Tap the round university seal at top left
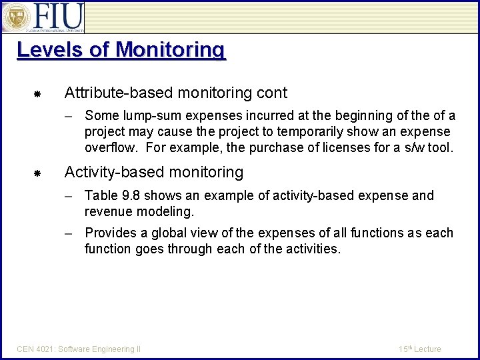(x=15, y=17)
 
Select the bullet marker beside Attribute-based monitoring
(x=38, y=94)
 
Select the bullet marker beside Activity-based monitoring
(x=38, y=173)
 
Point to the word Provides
(x=111, y=233)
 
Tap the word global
(x=171, y=233)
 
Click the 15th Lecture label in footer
(x=419, y=349)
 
